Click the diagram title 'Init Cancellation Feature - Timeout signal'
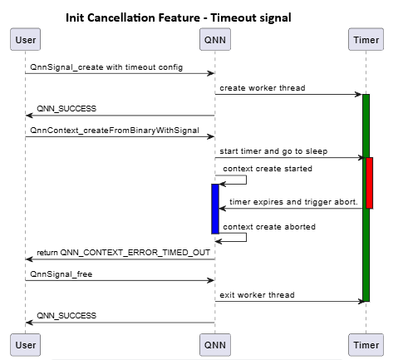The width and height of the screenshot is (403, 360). (178, 17)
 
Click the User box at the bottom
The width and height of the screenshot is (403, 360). (25, 344)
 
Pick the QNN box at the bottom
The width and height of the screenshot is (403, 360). (215, 344)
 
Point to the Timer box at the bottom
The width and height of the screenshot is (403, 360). (366, 344)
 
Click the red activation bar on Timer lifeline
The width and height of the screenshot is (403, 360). (370, 182)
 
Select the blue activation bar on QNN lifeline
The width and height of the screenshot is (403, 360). (215, 209)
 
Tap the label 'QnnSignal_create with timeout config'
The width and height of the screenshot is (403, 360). (106, 67)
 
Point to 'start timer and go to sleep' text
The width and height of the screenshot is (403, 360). (273, 150)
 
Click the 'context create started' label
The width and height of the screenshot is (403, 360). (268, 168)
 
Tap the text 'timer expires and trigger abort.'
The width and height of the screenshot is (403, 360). (293, 201)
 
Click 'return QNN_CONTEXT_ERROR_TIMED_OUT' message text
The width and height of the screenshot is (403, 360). (123, 252)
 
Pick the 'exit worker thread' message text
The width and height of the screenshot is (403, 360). (257, 294)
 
